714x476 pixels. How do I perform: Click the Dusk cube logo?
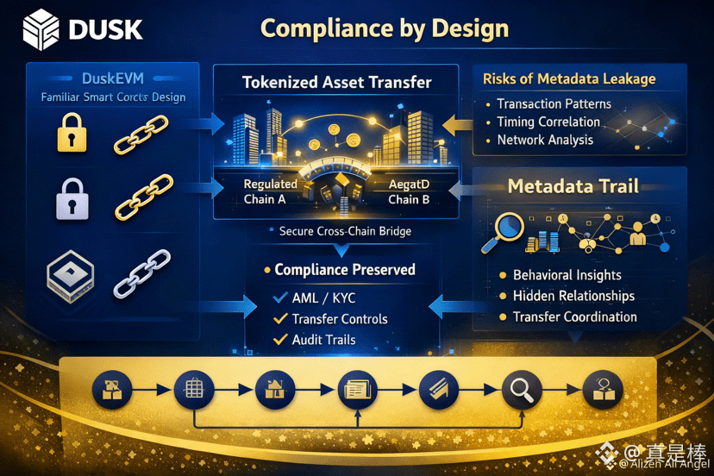[x=41, y=30]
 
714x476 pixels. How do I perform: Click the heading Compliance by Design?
[x=385, y=28]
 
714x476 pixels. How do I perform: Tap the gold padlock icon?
[x=72, y=134]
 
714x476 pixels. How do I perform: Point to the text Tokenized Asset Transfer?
[x=336, y=83]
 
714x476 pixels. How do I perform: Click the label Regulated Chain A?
[x=270, y=191]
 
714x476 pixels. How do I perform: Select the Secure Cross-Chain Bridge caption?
[x=344, y=231]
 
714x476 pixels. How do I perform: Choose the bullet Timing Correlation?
[x=548, y=122]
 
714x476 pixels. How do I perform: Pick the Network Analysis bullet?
[x=545, y=140]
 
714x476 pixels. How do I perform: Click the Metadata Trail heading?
[x=573, y=186]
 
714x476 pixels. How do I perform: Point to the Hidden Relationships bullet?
[x=573, y=296]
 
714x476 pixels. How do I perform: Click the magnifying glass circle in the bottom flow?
[x=521, y=391]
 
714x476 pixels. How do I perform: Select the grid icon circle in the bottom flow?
[x=194, y=391]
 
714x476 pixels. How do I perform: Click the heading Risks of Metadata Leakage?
[x=569, y=79]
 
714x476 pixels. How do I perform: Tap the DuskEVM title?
[x=113, y=78]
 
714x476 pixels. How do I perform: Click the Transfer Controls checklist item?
[x=340, y=318]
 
